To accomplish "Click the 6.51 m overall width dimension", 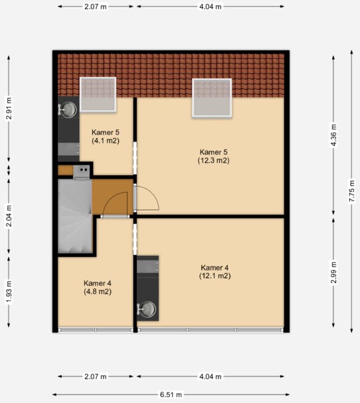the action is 171,394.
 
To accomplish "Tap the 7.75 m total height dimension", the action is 352,191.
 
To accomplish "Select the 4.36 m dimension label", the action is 333,135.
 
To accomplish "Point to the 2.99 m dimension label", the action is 333,272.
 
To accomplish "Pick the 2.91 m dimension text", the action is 9,108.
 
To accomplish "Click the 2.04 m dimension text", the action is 9,216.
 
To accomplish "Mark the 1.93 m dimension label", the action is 9,292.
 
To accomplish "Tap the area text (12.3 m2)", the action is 214,161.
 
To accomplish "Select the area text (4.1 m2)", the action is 106,141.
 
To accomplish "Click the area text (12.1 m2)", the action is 215,276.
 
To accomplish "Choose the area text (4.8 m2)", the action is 98,291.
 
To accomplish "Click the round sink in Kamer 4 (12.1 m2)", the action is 147,309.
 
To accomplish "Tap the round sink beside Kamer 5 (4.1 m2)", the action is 68,110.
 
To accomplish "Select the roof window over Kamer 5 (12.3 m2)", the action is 212,98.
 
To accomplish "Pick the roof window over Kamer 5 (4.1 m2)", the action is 98,94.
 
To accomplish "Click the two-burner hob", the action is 82,172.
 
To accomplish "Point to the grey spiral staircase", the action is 75,216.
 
